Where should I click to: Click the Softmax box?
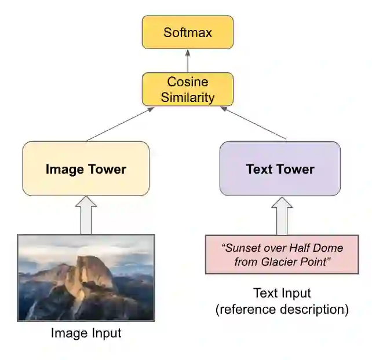(x=187, y=32)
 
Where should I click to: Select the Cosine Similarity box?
(x=187, y=89)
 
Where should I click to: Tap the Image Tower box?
(x=86, y=169)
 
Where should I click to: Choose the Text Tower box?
(x=280, y=169)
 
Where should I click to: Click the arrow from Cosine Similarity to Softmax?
(x=187, y=61)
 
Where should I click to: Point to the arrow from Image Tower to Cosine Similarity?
(x=118, y=124)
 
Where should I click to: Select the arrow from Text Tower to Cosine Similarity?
(x=254, y=123)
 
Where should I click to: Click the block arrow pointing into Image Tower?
(x=86, y=215)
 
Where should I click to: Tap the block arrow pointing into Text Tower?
(x=282, y=215)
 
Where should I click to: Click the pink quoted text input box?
(x=282, y=255)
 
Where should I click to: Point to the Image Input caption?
(x=86, y=333)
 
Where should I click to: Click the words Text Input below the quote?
(x=282, y=293)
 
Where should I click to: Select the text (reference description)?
(x=282, y=310)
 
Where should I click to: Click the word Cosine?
(x=187, y=82)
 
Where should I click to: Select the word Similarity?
(x=187, y=97)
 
